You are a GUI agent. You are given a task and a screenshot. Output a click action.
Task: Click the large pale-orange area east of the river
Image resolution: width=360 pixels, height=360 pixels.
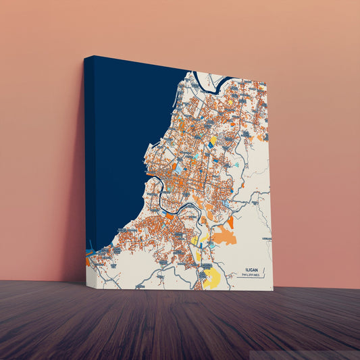pyautogui.click(x=224, y=236)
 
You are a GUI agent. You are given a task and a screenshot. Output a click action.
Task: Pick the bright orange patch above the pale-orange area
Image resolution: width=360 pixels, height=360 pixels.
pyautogui.click(x=230, y=222)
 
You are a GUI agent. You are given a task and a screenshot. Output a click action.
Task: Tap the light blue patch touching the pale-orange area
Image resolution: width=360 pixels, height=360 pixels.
pyautogui.click(x=211, y=245)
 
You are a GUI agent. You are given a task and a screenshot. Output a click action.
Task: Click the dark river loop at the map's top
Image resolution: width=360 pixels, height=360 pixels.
pyautogui.click(x=220, y=84)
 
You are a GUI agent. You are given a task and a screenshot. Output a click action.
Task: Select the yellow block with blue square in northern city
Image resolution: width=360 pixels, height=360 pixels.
pyautogui.click(x=213, y=140)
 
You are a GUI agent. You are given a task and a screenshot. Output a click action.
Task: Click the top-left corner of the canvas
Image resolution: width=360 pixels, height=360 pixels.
pyautogui.click(x=85, y=56)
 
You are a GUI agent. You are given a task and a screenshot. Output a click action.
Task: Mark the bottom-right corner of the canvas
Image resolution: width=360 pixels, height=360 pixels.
pyautogui.click(x=273, y=290)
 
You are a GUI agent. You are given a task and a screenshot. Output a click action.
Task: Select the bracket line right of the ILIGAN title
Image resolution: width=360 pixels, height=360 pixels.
pyautogui.click(x=264, y=272)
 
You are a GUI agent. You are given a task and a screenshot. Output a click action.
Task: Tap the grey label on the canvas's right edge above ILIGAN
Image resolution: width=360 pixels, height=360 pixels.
pyautogui.click(x=267, y=238)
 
